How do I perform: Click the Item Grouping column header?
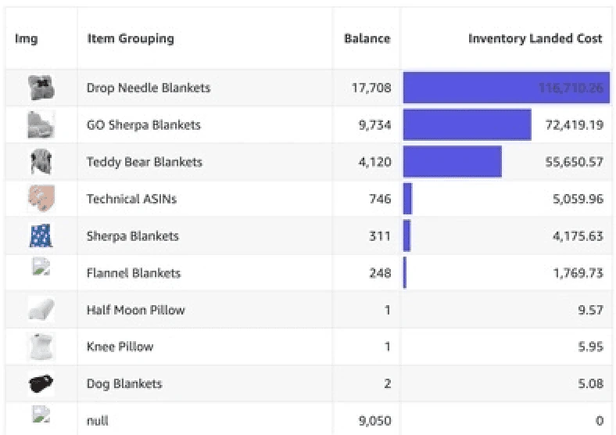[130, 38]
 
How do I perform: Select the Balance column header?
[367, 38]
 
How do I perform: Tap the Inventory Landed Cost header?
[535, 38]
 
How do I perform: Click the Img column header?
[26, 38]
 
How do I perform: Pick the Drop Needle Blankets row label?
[148, 88]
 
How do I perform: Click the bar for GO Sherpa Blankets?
[467, 125]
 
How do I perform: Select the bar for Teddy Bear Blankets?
[452, 162]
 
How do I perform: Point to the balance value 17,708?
[371, 88]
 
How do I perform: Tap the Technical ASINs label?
[131, 199]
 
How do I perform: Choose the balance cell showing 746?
[379, 199]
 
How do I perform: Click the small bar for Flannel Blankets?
[405, 273]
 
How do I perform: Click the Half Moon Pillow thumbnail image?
[41, 310]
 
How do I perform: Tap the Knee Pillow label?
[120, 347]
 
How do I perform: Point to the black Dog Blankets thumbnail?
[41, 383]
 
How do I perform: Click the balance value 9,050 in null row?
[375, 421]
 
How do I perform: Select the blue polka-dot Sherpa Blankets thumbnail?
[41, 235]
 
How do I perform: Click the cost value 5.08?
[590, 383]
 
